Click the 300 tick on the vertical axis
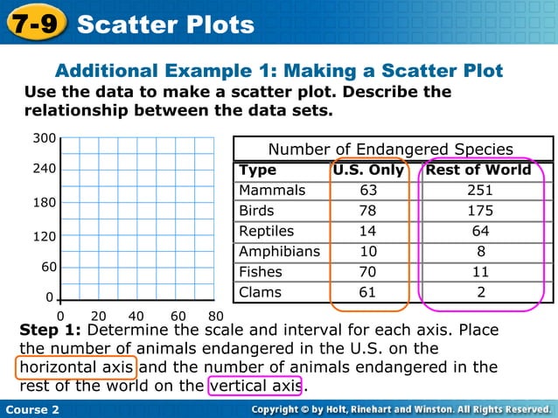click(x=45, y=138)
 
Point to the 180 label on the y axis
click(x=45, y=202)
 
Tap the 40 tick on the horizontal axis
click(x=136, y=316)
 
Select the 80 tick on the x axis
click(x=216, y=316)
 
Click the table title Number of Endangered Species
click(x=390, y=149)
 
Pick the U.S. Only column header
click(x=368, y=170)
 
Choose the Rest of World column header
click(x=478, y=170)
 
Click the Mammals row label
click(x=272, y=190)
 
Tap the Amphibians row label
click(x=279, y=251)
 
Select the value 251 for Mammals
click(x=480, y=190)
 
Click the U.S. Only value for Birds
click(x=368, y=211)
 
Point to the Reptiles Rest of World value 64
click(x=480, y=231)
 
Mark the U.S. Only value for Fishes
click(x=368, y=272)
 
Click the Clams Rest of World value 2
click(x=480, y=292)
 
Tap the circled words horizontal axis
click(x=76, y=367)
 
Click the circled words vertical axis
click(x=255, y=386)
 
